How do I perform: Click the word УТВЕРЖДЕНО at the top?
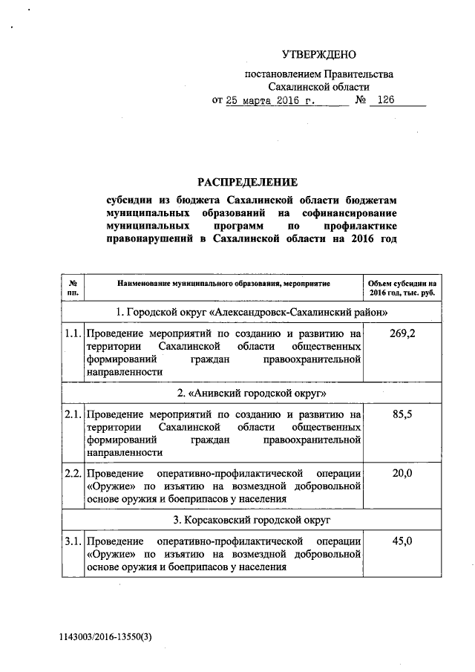[319, 54]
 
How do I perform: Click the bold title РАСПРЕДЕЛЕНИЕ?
[246, 182]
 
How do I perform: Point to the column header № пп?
[73, 288]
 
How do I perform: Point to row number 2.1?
[73, 414]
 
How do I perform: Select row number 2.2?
[73, 473]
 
